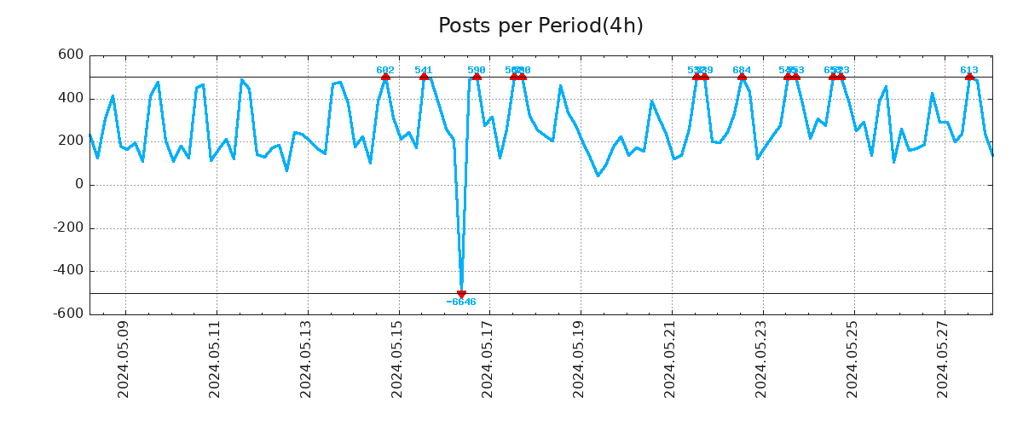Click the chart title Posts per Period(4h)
pos(540,26)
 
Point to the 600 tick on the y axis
pos(70,55)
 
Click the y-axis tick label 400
pos(70,99)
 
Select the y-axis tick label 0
pos(79,185)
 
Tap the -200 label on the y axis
pos(67,228)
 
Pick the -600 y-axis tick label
pos(67,314)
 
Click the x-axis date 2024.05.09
pos(124,359)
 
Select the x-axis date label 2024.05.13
pos(306,359)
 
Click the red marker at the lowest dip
pos(461,294)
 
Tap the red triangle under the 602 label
pos(385,77)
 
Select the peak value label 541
pos(424,70)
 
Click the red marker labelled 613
pos(969,77)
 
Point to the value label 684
pos(742,70)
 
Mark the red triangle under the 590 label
pos(477,77)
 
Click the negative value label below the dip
pos(461,302)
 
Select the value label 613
pos(969,70)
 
